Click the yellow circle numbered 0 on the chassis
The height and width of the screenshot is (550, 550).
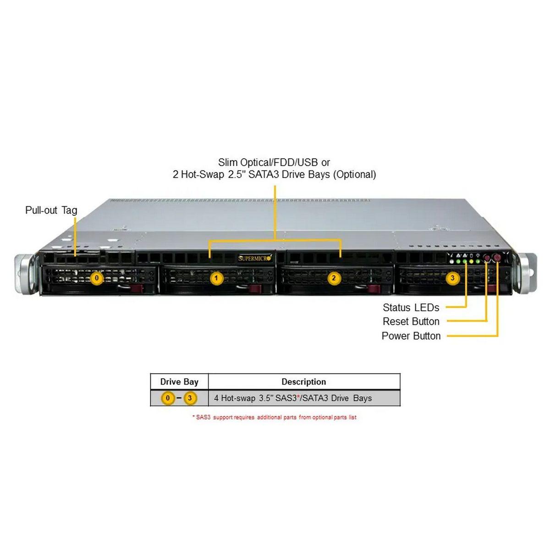(96, 278)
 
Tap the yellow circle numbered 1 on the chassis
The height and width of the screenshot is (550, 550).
(216, 278)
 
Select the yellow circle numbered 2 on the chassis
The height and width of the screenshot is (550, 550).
(334, 278)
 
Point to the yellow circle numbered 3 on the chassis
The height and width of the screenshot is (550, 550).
(452, 278)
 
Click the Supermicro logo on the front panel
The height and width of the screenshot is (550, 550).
(255, 258)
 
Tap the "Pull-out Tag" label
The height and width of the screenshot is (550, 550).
(51, 210)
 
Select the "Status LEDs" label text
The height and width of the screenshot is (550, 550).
(411, 308)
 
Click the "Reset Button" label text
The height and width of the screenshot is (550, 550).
(411, 321)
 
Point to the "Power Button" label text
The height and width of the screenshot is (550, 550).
(411, 336)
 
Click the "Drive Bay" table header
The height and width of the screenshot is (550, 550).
(179, 382)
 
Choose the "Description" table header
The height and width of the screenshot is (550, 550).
(303, 382)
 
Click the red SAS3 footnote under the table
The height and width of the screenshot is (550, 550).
(274, 417)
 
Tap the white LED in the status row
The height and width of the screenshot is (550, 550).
(451, 262)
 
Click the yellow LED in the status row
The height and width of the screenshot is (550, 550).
(471, 262)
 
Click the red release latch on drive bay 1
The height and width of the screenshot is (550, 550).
(255, 288)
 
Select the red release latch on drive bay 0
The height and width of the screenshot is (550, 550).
(137, 288)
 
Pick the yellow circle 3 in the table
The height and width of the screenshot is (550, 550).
(190, 398)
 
